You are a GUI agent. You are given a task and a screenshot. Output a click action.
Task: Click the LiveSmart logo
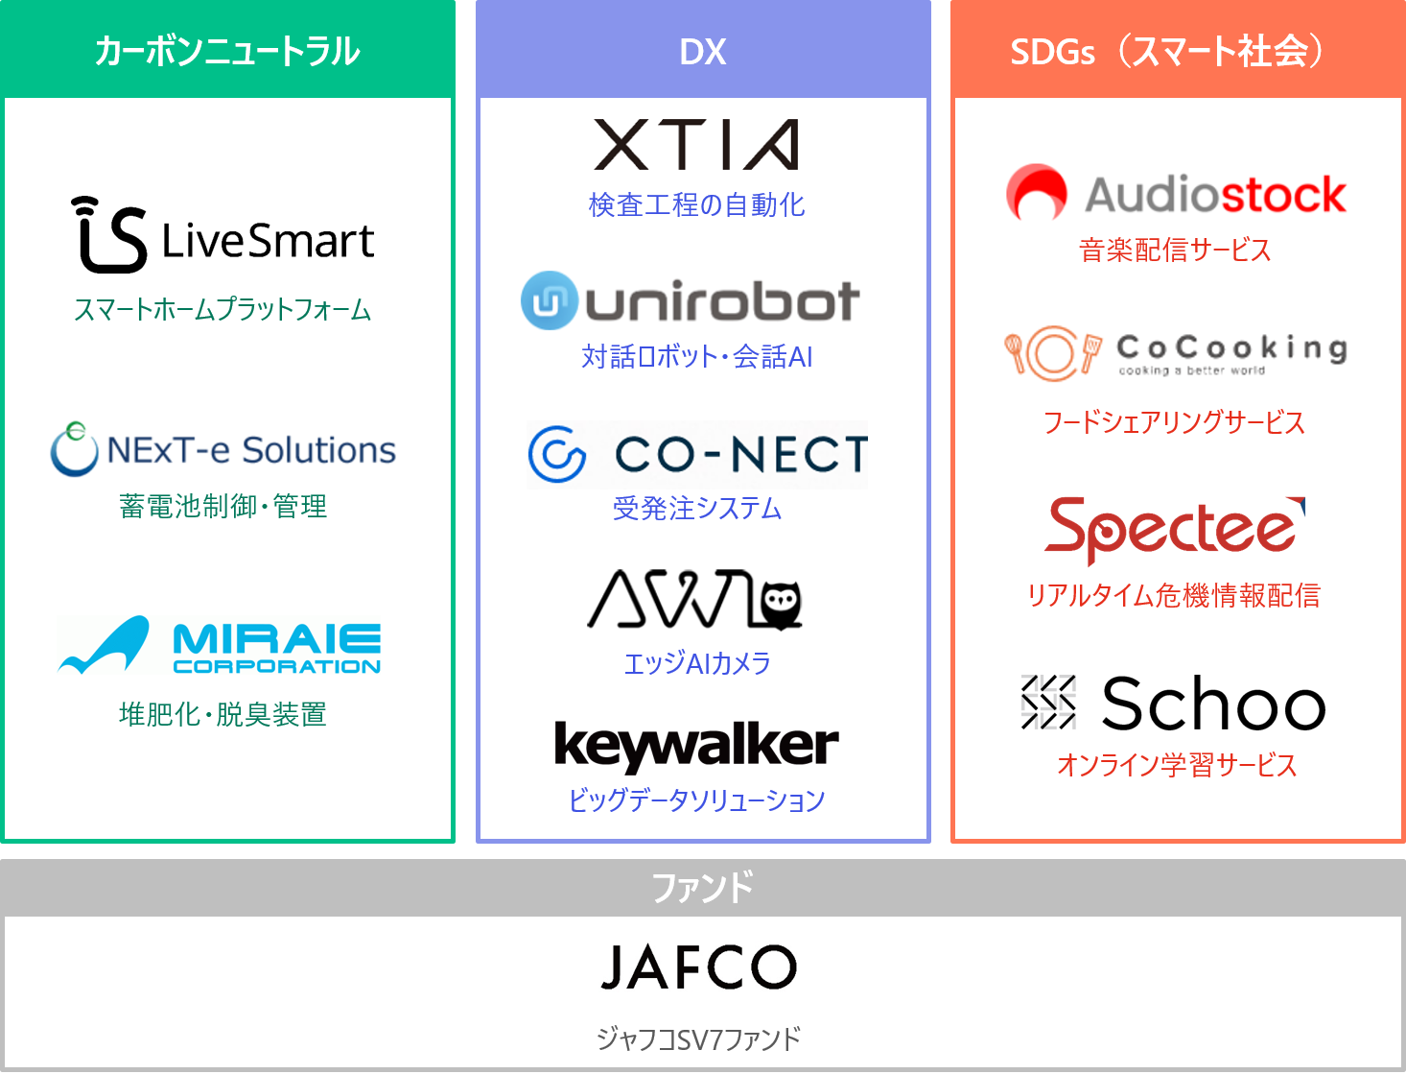click(223, 235)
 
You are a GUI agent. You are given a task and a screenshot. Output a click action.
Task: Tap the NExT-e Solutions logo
click(223, 449)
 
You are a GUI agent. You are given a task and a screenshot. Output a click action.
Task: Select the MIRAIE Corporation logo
click(220, 646)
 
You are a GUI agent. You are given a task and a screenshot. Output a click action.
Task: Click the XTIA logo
click(696, 145)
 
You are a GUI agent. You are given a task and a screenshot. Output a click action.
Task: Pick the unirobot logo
click(691, 300)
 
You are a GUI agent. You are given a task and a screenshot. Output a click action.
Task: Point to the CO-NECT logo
click(697, 454)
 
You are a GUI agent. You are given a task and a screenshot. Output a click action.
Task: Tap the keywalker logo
click(696, 745)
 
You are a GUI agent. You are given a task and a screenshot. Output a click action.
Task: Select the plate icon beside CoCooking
click(1051, 352)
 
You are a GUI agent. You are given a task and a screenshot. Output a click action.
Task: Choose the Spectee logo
click(1174, 528)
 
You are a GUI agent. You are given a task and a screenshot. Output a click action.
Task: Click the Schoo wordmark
click(1213, 704)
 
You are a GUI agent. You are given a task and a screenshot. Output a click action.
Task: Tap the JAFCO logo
click(699, 967)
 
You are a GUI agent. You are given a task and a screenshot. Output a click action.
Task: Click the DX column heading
click(703, 51)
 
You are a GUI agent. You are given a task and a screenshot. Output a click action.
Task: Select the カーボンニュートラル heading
click(227, 51)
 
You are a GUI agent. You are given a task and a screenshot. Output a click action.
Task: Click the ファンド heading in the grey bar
click(703, 888)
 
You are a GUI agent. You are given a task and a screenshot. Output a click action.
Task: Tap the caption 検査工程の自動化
click(696, 204)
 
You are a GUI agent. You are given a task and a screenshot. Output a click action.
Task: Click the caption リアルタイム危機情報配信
click(1174, 595)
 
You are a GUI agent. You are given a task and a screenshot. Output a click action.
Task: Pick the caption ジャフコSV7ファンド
click(698, 1038)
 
